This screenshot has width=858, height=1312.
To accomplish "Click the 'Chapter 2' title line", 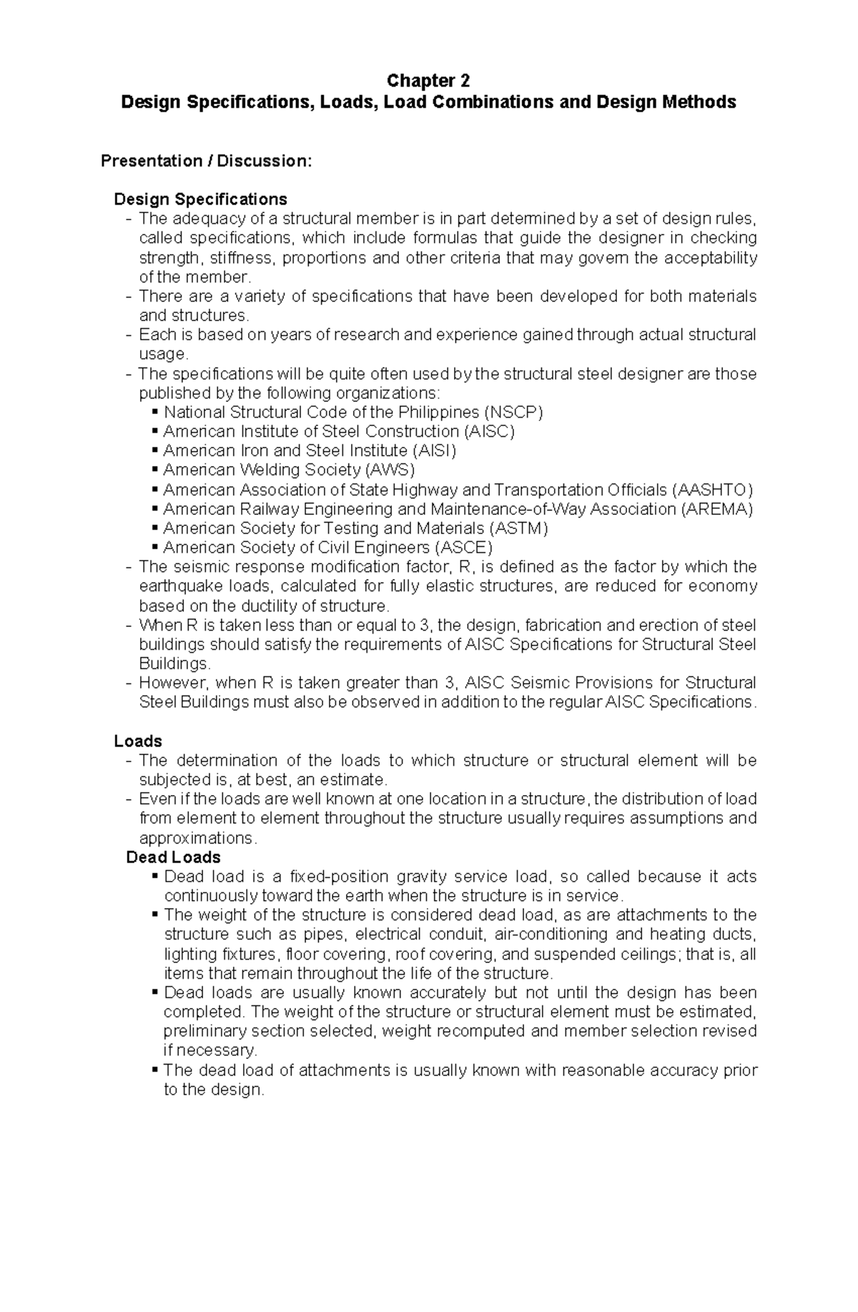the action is pyautogui.click(x=428, y=80).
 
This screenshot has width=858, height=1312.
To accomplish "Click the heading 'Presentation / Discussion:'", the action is pyautogui.click(x=206, y=161).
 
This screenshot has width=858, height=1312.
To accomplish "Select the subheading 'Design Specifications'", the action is pyautogui.click(x=200, y=199).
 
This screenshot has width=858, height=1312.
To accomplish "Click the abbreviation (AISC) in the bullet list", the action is pyautogui.click(x=489, y=432).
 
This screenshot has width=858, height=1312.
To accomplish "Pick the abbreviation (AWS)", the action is pyautogui.click(x=390, y=470).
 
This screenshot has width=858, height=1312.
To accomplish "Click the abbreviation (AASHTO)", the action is pyautogui.click(x=713, y=490).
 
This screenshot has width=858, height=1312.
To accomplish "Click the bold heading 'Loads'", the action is pyautogui.click(x=138, y=741).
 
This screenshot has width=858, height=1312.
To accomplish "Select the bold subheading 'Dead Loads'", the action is pyautogui.click(x=173, y=857).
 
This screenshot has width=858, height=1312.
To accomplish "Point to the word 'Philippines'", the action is pyautogui.click(x=439, y=413).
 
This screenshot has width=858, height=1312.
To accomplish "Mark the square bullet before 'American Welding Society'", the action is pyautogui.click(x=155, y=470).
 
